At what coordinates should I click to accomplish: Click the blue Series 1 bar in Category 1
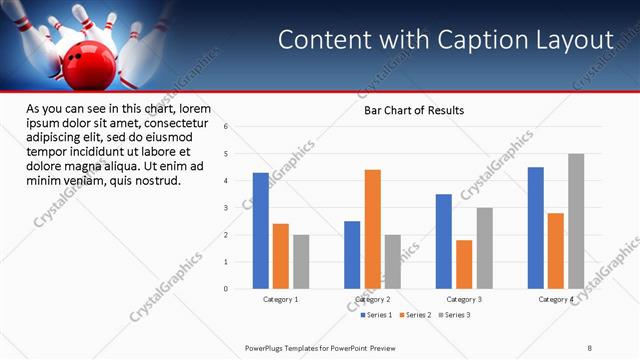pyautogui.click(x=260, y=231)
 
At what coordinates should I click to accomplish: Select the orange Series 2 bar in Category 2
pyautogui.click(x=372, y=229)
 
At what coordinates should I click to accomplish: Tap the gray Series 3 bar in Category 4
pyautogui.click(x=576, y=221)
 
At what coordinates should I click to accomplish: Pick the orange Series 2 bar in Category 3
pyautogui.click(x=464, y=264)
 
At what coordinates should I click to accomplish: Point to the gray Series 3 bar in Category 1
pyautogui.click(x=301, y=262)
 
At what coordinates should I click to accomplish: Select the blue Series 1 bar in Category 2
pyautogui.click(x=352, y=255)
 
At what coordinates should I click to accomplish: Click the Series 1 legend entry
pyautogui.click(x=376, y=315)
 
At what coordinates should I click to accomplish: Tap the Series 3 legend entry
pyautogui.click(x=456, y=315)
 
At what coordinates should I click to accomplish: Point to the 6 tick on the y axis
pyautogui.click(x=226, y=127)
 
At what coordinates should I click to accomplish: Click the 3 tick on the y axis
pyautogui.click(x=226, y=208)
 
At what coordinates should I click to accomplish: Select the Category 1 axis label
pyautogui.click(x=280, y=299)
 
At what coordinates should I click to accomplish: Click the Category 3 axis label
pyautogui.click(x=464, y=299)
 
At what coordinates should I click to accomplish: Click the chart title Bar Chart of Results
pyautogui.click(x=413, y=110)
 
